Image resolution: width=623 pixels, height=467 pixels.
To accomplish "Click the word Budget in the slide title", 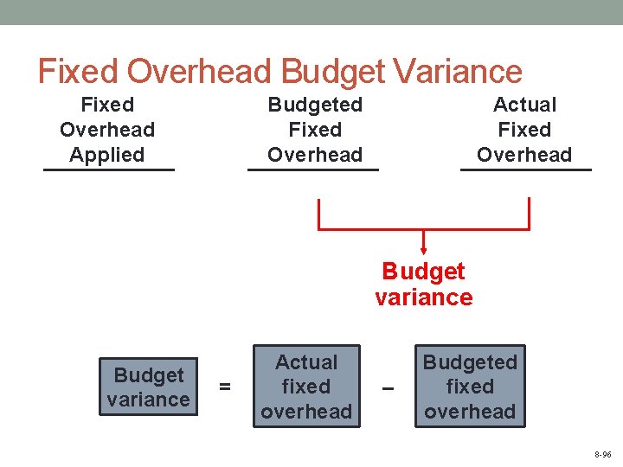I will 325,71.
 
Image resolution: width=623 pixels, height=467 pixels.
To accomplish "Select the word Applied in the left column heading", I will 107,155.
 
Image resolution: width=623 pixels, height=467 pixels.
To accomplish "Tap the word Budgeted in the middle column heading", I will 315,105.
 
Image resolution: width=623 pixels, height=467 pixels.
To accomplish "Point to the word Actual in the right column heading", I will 524,105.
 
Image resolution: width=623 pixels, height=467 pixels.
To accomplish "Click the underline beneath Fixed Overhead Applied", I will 109,170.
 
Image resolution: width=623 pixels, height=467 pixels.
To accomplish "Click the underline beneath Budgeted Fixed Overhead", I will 313,170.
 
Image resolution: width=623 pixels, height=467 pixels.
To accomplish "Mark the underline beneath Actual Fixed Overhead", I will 526,170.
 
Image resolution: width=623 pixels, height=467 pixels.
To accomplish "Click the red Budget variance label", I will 423,285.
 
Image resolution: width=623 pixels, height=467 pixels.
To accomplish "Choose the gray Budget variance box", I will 148,387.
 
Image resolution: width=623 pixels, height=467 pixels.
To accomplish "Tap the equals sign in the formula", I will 225,387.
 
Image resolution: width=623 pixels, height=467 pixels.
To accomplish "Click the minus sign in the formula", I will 388,387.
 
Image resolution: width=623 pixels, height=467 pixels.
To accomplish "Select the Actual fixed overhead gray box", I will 306,387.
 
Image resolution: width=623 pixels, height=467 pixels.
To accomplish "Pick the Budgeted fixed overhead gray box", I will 470,387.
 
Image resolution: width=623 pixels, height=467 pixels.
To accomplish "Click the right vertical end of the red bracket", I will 528,213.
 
